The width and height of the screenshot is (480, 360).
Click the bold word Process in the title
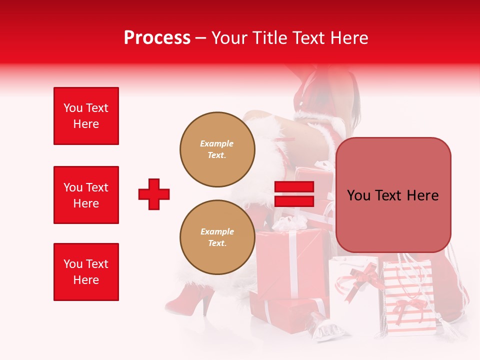[x=157, y=38]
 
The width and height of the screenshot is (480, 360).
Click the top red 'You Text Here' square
[x=86, y=116]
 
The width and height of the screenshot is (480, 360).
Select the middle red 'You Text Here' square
[x=86, y=195]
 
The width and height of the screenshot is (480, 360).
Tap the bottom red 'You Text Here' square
[x=86, y=272]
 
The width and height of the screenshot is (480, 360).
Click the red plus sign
[x=154, y=194]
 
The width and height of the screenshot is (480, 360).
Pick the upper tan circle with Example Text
[x=217, y=149]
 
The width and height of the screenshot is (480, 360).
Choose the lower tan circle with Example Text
[x=217, y=237]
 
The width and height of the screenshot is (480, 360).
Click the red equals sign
[x=294, y=194]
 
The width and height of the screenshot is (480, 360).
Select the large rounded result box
[x=393, y=195]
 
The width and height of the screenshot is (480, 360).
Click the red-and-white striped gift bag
[x=407, y=295]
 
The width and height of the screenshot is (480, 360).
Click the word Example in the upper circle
[x=217, y=143]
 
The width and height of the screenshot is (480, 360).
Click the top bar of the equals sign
[x=294, y=187]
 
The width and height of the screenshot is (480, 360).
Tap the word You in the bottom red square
[x=73, y=264]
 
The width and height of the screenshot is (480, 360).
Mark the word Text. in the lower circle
[x=217, y=243]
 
